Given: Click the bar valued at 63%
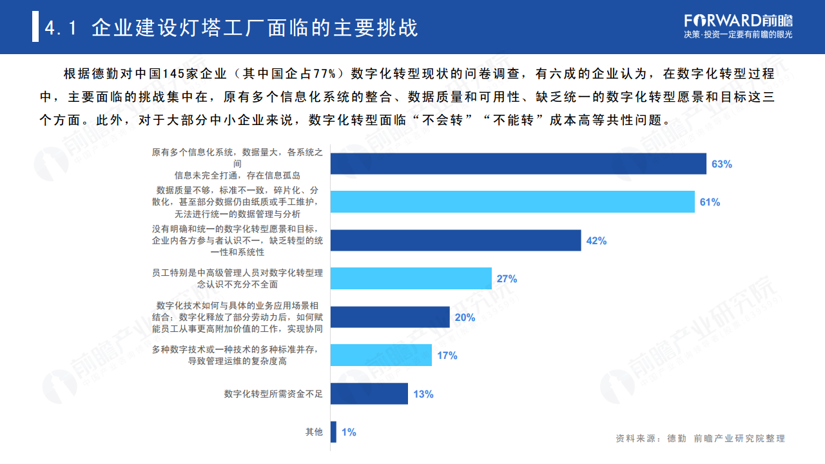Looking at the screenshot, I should point(518,164).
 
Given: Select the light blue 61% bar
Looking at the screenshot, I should point(512,202).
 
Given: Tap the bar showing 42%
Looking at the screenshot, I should point(456,240).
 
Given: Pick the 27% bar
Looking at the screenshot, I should point(411,278).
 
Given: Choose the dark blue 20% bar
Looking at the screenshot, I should point(390,317).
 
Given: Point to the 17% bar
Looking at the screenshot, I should point(381,355).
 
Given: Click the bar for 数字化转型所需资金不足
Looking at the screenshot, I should point(369,394).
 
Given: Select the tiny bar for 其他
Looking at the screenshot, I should point(333,432).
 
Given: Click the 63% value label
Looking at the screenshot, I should point(721,164).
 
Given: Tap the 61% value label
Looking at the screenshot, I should point(710,202).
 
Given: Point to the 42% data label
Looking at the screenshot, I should point(596,241).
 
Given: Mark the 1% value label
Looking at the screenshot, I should point(349,432).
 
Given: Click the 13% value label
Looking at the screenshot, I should point(423,394).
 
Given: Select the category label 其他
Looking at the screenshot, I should point(314,432).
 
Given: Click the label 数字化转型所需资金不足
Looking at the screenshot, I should point(273,394).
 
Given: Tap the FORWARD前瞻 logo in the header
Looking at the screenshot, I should point(738,19).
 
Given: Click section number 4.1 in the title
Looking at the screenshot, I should point(61,28).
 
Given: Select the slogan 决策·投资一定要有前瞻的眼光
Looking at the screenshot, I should point(738,35).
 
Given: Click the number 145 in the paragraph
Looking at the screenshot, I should point(175,73).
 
